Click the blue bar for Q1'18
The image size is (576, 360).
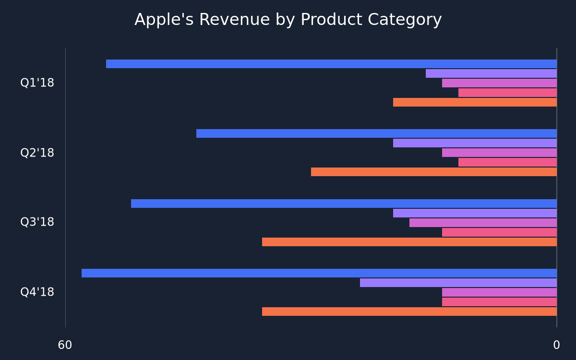[x=331, y=64]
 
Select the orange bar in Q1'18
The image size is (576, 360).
[x=475, y=102]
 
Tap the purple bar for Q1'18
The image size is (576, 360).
[x=491, y=73]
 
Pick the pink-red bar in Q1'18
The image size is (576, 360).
[x=507, y=93]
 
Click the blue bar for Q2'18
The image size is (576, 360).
[x=376, y=133]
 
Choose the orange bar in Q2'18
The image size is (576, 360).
[x=434, y=172]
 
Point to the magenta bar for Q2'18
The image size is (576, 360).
[x=499, y=153]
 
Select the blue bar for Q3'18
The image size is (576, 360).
[x=344, y=204]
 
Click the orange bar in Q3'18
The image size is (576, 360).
[x=409, y=242]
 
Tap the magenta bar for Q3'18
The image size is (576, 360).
[x=483, y=223]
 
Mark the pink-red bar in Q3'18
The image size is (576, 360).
[x=499, y=232]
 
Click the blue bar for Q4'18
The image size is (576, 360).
[x=319, y=273]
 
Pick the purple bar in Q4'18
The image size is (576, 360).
[x=458, y=283]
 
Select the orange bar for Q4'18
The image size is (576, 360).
[x=409, y=312]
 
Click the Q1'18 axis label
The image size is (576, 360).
[x=37, y=83]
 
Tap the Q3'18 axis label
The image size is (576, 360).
[x=37, y=222]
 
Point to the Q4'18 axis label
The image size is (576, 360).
[x=37, y=292]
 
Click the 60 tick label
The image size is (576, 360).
[x=65, y=345]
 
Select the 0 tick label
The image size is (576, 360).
[x=557, y=345]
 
